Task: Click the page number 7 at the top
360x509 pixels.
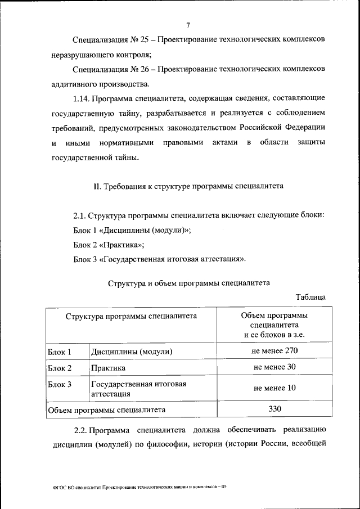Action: (188, 24)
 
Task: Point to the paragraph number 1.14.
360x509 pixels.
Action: (82, 99)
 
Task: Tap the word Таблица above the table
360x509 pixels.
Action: (310, 296)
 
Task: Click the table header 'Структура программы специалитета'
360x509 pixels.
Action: (130, 316)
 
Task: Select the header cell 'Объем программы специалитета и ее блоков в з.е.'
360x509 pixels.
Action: (274, 325)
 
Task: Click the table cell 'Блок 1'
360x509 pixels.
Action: (60, 352)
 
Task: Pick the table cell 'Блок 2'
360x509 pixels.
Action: (60, 368)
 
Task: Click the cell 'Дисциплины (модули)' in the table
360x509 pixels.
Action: (131, 352)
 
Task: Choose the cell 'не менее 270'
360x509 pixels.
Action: (274, 351)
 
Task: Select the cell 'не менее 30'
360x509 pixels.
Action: (274, 367)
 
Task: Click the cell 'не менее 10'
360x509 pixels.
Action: (274, 388)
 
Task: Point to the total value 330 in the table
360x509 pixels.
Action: (274, 409)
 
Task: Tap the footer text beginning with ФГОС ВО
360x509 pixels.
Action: (137, 487)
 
